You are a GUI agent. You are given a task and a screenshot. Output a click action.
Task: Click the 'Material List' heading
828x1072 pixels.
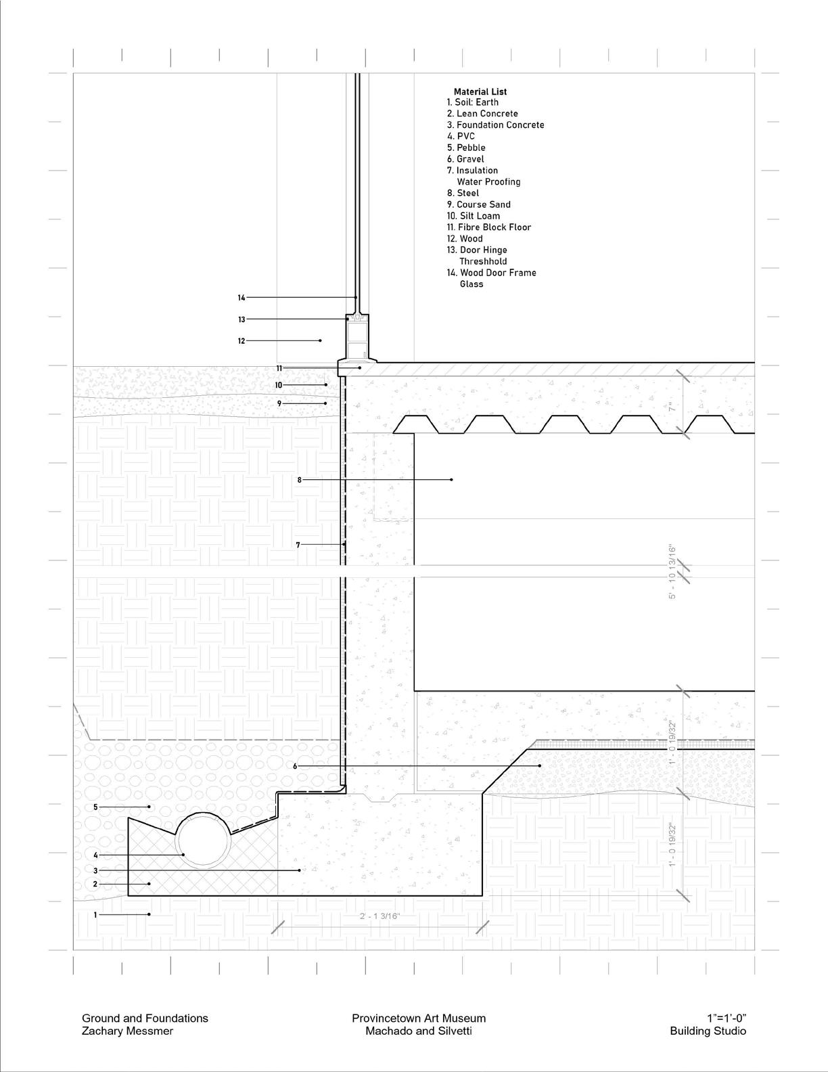click(x=480, y=91)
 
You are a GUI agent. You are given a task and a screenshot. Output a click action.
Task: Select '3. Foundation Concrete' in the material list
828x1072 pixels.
click(x=495, y=125)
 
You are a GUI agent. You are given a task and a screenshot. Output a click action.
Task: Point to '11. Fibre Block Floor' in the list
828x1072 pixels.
click(x=488, y=227)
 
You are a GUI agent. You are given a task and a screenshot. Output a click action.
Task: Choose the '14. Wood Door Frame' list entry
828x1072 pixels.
click(x=491, y=273)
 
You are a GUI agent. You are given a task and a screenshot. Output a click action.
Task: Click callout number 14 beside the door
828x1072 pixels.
click(x=241, y=298)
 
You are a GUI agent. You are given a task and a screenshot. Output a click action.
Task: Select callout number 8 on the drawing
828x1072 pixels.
click(x=300, y=480)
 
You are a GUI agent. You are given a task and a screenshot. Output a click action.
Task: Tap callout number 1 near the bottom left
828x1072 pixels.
click(x=95, y=914)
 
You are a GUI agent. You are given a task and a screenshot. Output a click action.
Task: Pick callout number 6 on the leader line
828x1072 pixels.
click(x=295, y=766)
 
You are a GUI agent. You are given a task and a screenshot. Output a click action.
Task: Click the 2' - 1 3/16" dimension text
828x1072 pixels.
click(x=380, y=916)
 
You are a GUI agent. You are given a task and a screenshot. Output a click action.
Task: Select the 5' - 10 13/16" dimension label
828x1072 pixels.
click(x=672, y=572)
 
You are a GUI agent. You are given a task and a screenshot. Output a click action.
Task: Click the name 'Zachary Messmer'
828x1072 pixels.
click(x=127, y=1031)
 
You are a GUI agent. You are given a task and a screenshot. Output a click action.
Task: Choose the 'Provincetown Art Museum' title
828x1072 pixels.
click(x=419, y=1018)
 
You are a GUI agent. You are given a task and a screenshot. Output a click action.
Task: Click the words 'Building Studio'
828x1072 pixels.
click(x=708, y=1031)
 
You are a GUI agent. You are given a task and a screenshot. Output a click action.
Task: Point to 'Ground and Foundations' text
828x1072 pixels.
click(x=145, y=1018)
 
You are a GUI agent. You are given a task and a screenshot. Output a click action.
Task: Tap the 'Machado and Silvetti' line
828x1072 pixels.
click(x=419, y=1031)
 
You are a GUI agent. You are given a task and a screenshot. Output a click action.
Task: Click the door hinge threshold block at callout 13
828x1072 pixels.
click(x=358, y=318)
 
